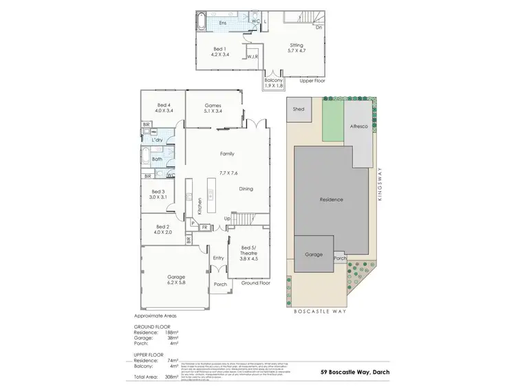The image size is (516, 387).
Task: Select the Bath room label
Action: click(157, 159)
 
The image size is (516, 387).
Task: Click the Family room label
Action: click(227, 154)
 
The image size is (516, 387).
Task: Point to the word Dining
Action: click(246, 188)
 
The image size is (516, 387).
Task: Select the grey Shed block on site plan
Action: click(299, 109)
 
